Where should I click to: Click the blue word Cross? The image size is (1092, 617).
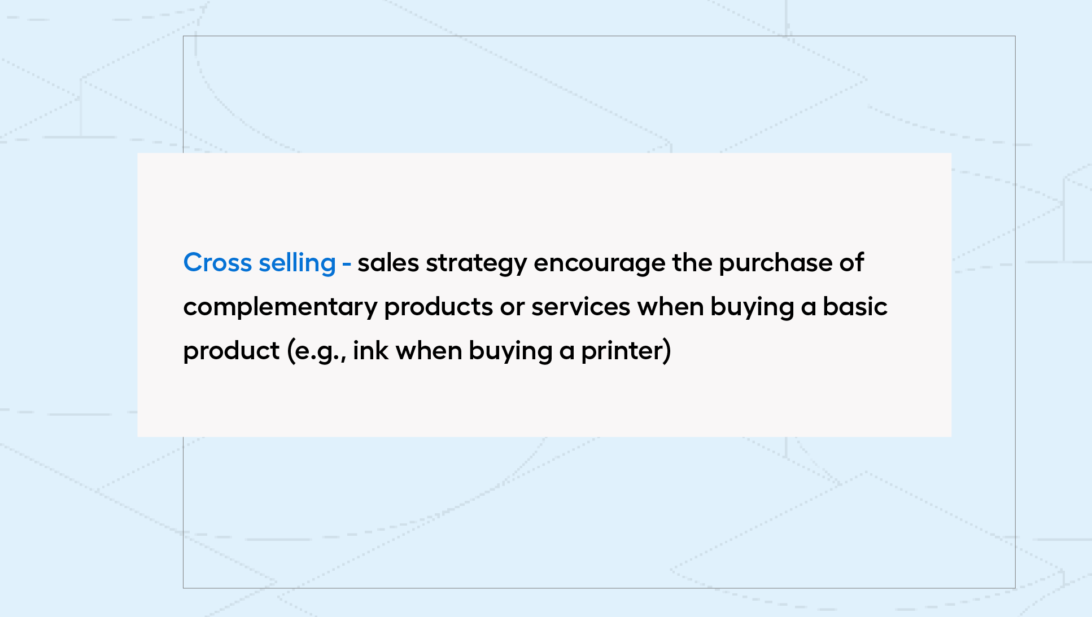tap(217, 263)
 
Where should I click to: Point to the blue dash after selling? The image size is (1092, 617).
tap(347, 264)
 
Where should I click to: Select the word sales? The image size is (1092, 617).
tap(388, 263)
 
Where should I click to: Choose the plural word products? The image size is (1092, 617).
tap(439, 307)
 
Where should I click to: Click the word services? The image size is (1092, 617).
tap(580, 307)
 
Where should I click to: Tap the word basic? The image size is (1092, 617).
tap(855, 307)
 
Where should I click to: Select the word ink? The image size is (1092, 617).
tap(371, 351)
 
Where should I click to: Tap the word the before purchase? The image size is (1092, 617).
tap(692, 263)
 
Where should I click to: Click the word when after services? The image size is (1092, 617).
tap(670, 307)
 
